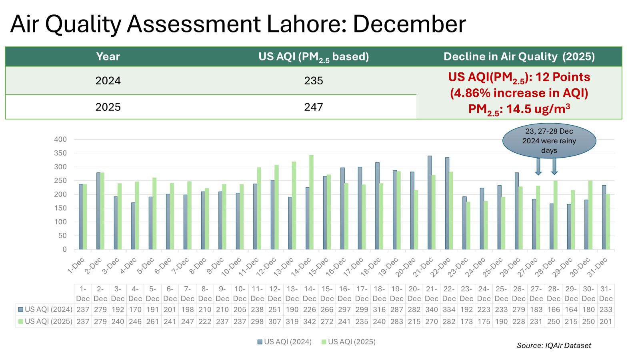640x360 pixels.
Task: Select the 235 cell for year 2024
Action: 313,81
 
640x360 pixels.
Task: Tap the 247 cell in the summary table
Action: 313,107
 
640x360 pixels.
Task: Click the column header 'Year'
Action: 108,56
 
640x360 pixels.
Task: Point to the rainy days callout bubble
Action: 549,140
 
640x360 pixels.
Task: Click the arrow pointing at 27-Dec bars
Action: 538,166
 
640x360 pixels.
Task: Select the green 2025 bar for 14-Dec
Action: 311,202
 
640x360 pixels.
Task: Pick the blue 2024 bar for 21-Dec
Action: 430,202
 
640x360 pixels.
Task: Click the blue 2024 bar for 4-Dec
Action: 133,226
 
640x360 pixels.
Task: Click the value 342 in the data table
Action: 310,322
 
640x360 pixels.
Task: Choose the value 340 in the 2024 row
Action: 432,310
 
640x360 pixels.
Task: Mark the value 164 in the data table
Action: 571,310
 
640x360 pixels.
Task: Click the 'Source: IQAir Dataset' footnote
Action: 554,345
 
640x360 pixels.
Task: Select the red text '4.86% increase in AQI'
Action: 519,93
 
